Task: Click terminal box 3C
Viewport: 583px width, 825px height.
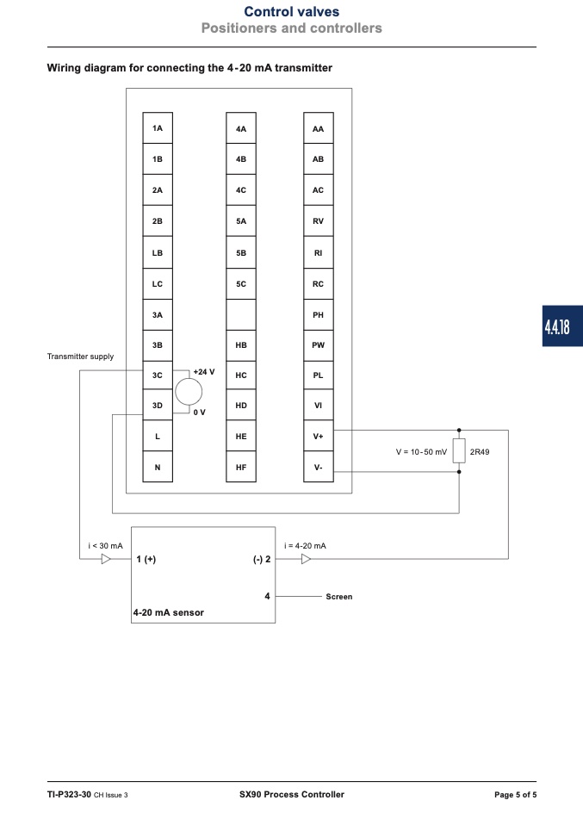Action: [x=158, y=375]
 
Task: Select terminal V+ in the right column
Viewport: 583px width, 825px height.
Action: [x=319, y=436]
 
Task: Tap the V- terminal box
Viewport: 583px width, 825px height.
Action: [x=319, y=467]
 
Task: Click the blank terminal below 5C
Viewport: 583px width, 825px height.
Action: [x=241, y=314]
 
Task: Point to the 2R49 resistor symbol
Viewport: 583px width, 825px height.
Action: [x=459, y=451]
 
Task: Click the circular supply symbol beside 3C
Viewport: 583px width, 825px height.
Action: [x=189, y=392]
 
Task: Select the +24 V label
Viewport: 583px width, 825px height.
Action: [x=204, y=371]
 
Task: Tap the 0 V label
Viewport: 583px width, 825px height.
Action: [x=200, y=412]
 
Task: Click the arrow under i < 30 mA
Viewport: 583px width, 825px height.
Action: [x=106, y=559]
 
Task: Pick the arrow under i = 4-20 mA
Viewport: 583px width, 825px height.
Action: [x=307, y=559]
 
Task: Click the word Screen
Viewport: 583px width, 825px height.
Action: [x=338, y=597]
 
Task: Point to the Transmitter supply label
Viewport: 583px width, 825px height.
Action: [x=80, y=357]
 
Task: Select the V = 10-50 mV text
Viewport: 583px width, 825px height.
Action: [x=421, y=452]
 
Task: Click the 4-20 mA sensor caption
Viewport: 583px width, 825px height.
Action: [x=169, y=612]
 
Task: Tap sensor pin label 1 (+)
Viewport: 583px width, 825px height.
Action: [x=146, y=559]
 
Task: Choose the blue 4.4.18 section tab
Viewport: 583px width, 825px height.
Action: [x=562, y=326]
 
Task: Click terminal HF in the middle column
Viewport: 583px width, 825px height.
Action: [x=241, y=467]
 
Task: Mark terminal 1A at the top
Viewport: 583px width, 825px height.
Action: [x=158, y=127]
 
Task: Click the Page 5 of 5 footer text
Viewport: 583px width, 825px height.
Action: [x=516, y=795]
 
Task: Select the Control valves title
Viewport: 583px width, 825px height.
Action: [x=291, y=11]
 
